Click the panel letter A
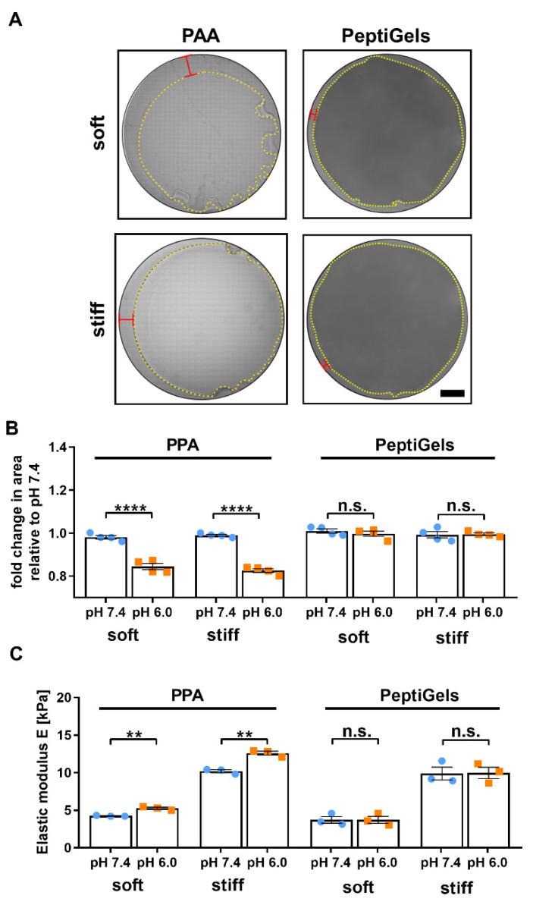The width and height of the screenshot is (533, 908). (14, 16)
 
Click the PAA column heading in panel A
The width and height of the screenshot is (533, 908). (200, 36)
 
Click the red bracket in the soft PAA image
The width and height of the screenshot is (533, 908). (188, 66)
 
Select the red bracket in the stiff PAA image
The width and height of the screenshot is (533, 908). (126, 319)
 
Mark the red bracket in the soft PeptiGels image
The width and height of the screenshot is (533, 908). (313, 115)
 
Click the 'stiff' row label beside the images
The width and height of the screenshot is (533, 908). (98, 319)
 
